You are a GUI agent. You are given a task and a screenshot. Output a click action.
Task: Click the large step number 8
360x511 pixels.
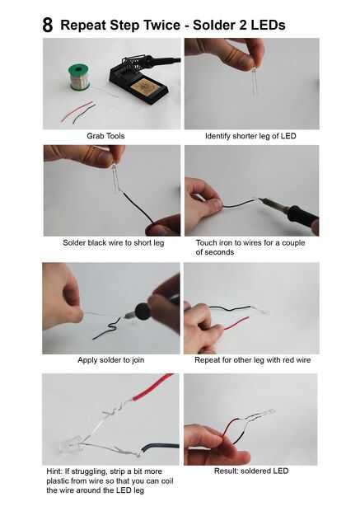click(47, 25)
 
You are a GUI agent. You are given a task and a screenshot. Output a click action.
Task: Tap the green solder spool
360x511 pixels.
click(79, 77)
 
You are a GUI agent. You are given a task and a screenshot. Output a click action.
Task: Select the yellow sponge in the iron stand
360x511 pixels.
click(144, 87)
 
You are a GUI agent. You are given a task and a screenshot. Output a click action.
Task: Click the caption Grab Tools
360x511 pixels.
click(105, 136)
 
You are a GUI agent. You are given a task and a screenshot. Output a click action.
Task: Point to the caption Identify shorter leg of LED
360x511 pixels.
click(250, 136)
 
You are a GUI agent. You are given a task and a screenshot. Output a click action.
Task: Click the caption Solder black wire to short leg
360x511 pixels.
click(114, 243)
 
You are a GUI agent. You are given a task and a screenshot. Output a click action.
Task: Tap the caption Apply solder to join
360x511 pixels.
click(110, 360)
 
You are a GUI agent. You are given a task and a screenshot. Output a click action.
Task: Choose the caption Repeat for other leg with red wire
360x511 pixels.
click(252, 360)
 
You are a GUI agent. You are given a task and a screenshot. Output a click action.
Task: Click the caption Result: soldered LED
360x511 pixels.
click(251, 471)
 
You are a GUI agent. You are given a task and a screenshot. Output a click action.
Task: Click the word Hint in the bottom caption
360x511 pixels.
click(54, 471)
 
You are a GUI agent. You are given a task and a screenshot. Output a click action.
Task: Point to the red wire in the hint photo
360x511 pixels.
click(152, 387)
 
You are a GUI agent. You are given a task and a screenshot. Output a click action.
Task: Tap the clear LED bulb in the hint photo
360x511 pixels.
click(69, 445)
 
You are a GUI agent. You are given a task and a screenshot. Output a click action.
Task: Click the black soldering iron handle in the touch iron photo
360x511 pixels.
click(302, 217)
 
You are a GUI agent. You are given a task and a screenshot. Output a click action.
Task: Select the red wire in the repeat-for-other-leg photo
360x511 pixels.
click(237, 323)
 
